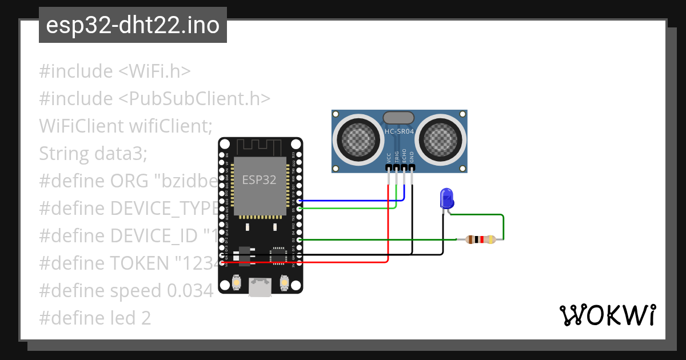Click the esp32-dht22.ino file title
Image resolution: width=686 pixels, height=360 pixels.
coord(133,26)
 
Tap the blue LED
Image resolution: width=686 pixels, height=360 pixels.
coord(446,199)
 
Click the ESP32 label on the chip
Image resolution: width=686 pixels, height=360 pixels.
coord(259,180)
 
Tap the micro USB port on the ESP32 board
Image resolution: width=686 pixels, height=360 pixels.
coord(260,287)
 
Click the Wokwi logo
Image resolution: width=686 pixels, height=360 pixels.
coord(607,315)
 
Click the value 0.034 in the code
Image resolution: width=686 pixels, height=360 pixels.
coord(190,291)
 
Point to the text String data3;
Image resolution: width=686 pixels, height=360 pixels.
coord(93,154)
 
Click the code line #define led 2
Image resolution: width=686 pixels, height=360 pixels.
coord(95,318)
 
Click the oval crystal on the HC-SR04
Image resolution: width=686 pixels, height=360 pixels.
coord(399,118)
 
